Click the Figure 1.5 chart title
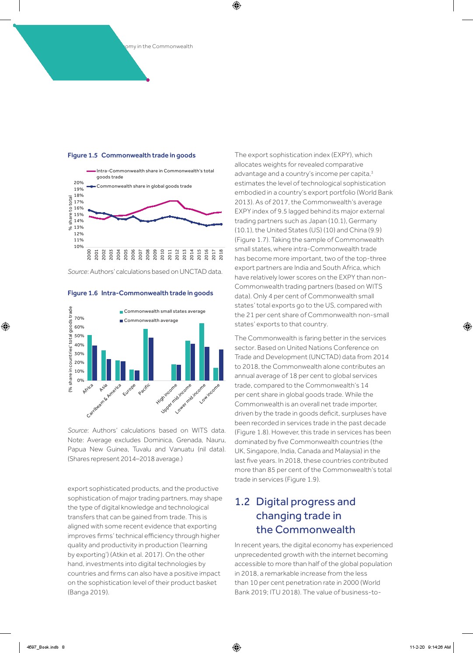point(132,155)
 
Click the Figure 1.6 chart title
point(140,293)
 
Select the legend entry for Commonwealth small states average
point(164,311)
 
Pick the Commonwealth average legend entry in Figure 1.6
point(151,321)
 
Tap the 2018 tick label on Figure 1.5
point(221,254)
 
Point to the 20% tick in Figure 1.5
point(79,183)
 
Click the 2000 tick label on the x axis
point(89,254)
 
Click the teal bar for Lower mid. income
point(202,352)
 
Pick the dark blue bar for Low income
point(221,365)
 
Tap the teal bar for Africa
point(90,357)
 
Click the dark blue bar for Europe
point(137,375)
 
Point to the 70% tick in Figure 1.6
point(79,318)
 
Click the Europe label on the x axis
point(129,390)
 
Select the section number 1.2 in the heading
point(242,502)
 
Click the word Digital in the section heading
point(273,502)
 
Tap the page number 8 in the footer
point(63,647)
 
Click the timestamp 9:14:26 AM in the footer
point(439,647)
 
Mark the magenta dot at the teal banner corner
point(148,80)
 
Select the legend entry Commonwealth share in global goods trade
point(144,186)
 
